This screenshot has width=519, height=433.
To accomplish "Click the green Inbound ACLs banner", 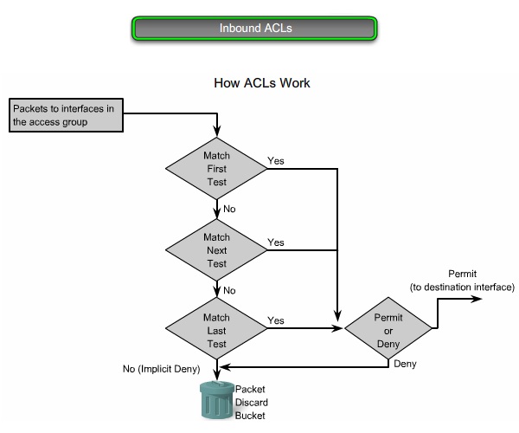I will pyautogui.click(x=255, y=28).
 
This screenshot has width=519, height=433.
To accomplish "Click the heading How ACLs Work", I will pyautogui.click(x=262, y=84).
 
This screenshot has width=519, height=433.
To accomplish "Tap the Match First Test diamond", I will pyautogui.click(x=216, y=169).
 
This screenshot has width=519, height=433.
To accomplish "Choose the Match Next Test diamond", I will pyautogui.click(x=216, y=249).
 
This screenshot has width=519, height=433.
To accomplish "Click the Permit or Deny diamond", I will pyautogui.click(x=388, y=330).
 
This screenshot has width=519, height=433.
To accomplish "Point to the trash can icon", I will pyautogui.click(x=215, y=399).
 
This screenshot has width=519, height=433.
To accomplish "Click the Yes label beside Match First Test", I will pyautogui.click(x=276, y=161).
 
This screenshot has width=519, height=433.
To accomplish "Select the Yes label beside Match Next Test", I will pyautogui.click(x=276, y=242).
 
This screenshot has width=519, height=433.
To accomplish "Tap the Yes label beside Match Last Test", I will pyautogui.click(x=276, y=321).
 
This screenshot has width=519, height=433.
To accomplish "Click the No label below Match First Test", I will pyautogui.click(x=229, y=210).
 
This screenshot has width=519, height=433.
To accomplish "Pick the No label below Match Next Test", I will pyautogui.click(x=229, y=291).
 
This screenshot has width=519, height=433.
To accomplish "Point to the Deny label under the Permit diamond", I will pyautogui.click(x=405, y=365).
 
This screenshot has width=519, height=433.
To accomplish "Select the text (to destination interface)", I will pyautogui.click(x=461, y=287).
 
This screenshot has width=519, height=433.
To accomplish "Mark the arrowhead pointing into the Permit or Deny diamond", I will pyautogui.click(x=338, y=330).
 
